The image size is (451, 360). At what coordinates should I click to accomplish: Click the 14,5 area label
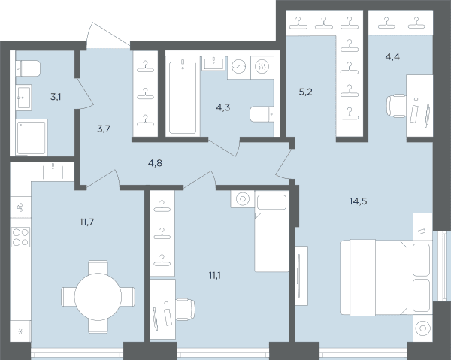point(358,201)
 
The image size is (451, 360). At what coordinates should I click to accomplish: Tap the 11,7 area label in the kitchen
point(87,222)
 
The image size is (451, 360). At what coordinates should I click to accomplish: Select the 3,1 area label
point(56,97)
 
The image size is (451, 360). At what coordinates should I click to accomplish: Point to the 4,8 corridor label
point(155,163)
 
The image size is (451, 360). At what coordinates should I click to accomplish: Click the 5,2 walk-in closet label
point(305,92)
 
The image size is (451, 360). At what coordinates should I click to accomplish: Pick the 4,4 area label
point(392,56)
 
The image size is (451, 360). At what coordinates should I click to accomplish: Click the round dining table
point(98,297)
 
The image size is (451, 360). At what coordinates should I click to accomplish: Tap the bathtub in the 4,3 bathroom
point(183,95)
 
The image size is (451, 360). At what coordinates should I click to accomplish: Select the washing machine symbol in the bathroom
point(239,67)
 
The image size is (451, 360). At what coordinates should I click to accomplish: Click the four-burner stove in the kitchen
point(20,237)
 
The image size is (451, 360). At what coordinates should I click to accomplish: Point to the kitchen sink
point(53,172)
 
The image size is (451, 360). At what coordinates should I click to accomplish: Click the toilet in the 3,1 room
point(28,68)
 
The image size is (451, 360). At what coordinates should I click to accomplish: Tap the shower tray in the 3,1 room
point(32,138)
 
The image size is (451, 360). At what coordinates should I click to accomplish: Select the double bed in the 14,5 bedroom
point(386,277)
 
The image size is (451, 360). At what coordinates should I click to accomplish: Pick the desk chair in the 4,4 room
point(396,105)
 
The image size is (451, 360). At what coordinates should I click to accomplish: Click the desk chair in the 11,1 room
point(185,310)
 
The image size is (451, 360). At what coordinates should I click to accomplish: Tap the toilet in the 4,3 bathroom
point(262,114)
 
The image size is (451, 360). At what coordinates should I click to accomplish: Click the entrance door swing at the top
point(108,35)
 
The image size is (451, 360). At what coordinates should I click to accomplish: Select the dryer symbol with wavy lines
point(262,67)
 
